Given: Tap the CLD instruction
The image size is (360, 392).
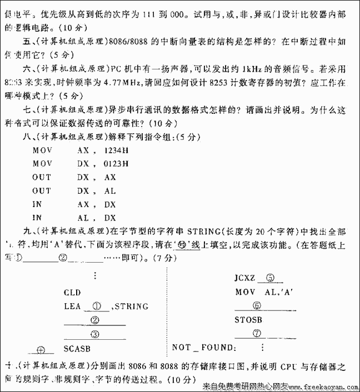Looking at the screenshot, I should click(72, 293).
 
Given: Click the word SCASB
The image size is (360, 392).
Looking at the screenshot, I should click(77, 349).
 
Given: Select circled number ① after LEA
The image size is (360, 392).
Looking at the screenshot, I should click(96, 306).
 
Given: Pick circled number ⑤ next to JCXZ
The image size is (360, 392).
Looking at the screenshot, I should click(270, 279).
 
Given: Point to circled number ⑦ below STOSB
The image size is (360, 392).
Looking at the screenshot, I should click(256, 334).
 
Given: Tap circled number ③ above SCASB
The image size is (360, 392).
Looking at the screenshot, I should click(95, 334).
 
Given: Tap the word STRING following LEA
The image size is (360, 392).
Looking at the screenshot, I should click(131, 306).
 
